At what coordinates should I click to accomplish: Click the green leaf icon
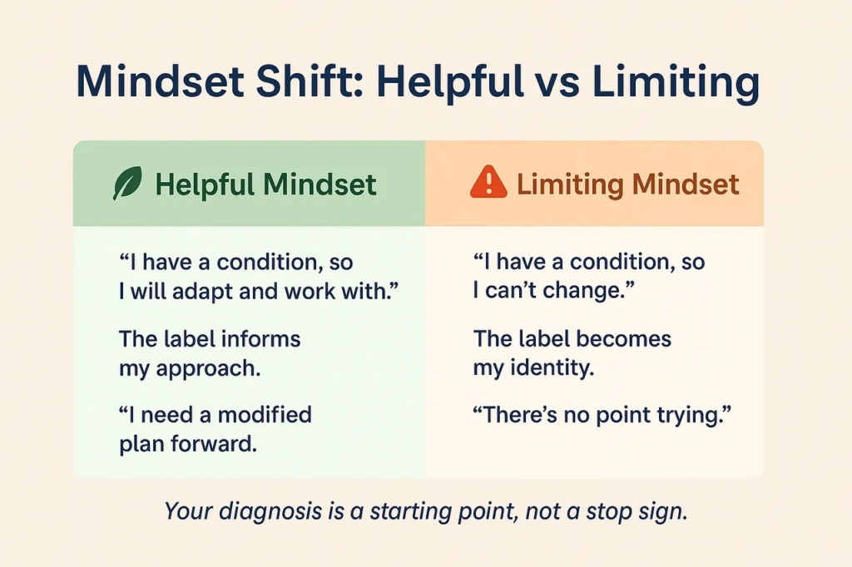pos(127,183)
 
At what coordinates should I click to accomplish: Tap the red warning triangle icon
pos(488,182)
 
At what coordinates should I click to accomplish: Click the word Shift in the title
pos(310,81)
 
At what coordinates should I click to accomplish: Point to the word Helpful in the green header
pos(205,185)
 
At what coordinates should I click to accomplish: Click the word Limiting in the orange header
pos(570,185)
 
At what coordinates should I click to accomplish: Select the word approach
pos(208,369)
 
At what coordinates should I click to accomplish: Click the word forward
pos(214,444)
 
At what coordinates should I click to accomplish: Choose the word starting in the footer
pos(410,511)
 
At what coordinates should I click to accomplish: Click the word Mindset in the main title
pos(161,81)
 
